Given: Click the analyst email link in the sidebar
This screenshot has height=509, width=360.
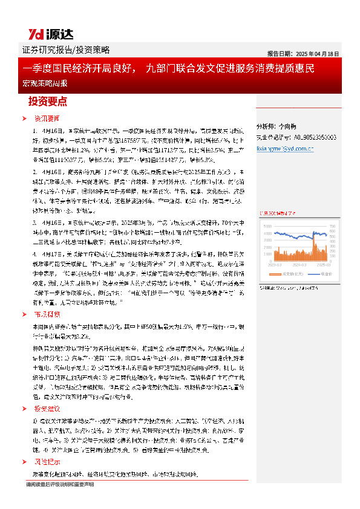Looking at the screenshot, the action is [x=284, y=147].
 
